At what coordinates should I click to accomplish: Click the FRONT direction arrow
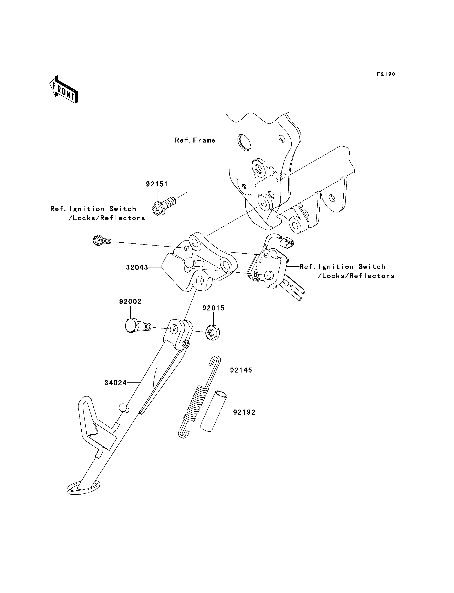[64, 90]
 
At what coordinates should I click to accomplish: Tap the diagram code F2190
[386, 74]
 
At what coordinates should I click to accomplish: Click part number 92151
[157, 184]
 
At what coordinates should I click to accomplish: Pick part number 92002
[130, 302]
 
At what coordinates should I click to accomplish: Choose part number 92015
[214, 308]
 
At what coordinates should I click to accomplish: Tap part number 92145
[241, 370]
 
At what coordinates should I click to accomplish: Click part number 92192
[244, 412]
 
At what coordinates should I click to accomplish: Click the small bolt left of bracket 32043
[102, 240]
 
